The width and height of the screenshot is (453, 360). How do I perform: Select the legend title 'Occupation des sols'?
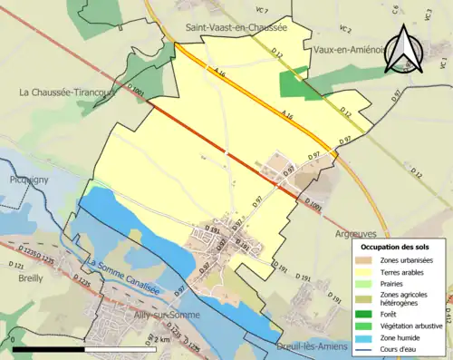[x=397, y=247]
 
